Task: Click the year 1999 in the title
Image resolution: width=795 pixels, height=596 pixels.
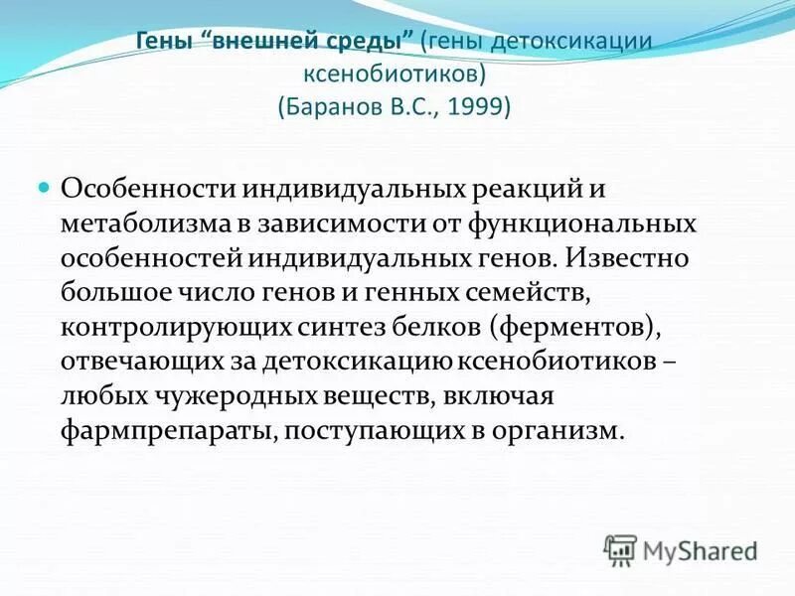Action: tap(480, 106)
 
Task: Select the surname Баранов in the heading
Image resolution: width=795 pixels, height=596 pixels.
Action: tap(333, 106)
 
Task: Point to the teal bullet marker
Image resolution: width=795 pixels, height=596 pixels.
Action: tap(44, 187)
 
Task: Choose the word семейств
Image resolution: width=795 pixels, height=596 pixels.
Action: tap(527, 294)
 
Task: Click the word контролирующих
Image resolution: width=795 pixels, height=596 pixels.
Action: tap(174, 329)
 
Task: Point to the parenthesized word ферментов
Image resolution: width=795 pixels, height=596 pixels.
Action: tap(566, 329)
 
